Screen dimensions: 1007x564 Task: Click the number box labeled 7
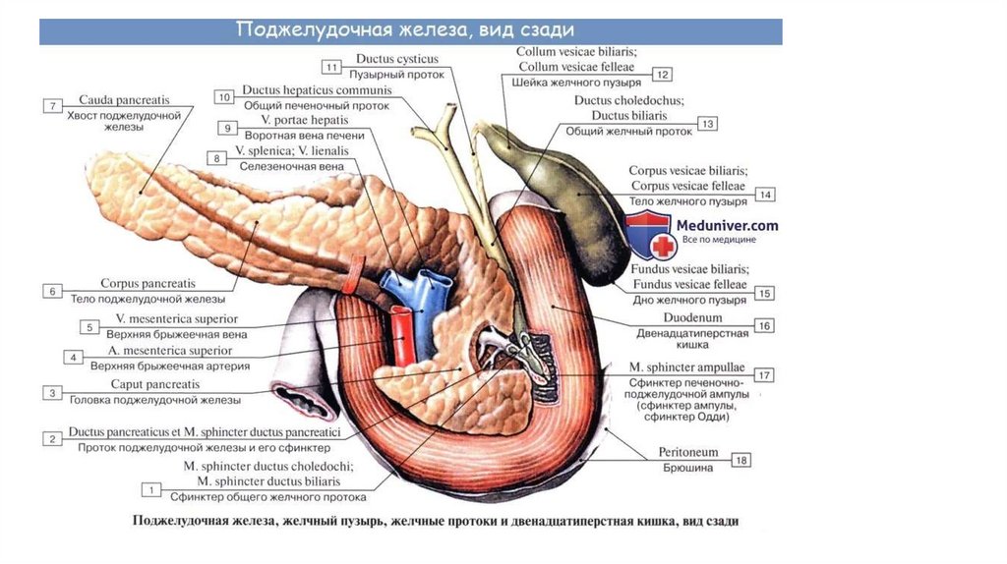click(x=53, y=106)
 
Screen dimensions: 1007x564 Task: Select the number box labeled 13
click(x=707, y=123)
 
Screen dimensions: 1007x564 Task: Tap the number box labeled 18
click(x=741, y=460)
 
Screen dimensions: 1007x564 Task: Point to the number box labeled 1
click(x=150, y=490)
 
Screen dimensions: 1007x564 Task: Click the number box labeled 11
click(x=331, y=67)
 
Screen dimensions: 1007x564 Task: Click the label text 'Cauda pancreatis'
click(x=124, y=99)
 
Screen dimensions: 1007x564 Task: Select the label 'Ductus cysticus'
click(x=397, y=58)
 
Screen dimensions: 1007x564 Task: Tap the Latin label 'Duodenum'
click(x=692, y=317)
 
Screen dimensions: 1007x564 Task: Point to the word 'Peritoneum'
click(x=687, y=452)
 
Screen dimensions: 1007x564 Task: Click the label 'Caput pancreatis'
click(x=155, y=384)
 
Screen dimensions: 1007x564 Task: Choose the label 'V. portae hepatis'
click(x=305, y=120)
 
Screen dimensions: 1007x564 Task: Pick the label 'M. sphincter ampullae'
click(x=686, y=367)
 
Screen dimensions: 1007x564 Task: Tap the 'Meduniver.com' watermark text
click(x=727, y=225)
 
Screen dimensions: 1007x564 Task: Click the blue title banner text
click(x=405, y=30)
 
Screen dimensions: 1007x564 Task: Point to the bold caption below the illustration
click(x=436, y=521)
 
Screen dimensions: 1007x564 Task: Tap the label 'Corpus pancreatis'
click(x=148, y=283)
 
